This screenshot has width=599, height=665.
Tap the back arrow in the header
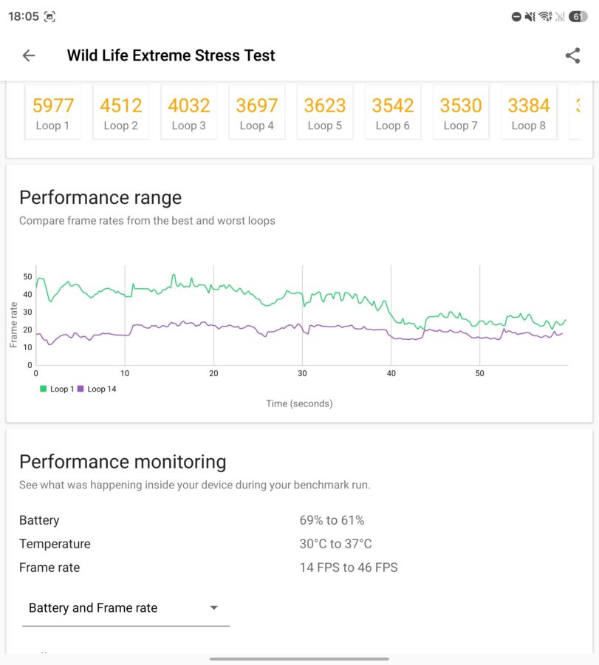pos(29,55)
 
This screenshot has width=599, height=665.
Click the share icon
pos(572,55)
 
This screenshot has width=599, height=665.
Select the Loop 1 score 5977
pos(53,105)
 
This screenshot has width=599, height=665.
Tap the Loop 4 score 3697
pos(257,105)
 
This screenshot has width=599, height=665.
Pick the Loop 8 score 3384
pos(529,105)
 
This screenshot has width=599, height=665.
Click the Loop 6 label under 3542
pos(392,126)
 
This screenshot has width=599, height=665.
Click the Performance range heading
pos(100,197)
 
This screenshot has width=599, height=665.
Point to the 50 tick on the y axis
pos(27,276)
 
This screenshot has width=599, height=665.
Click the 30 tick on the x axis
pos(302,373)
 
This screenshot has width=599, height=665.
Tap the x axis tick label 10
pos(125,373)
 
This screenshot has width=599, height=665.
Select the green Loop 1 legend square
pos(44,389)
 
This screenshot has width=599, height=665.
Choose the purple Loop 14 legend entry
pos(97,389)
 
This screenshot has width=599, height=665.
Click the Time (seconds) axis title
pos(299,403)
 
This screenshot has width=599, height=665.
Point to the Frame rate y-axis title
pos(13,325)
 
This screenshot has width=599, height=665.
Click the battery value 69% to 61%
pos(332,520)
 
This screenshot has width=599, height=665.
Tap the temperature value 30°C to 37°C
pos(336,544)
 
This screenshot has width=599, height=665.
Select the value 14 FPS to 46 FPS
pos(349,567)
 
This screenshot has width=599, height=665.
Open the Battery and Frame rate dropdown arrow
pos(214,608)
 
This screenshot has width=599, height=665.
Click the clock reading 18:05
pos(24,16)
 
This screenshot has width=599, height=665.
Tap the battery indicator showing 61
pos(578,16)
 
